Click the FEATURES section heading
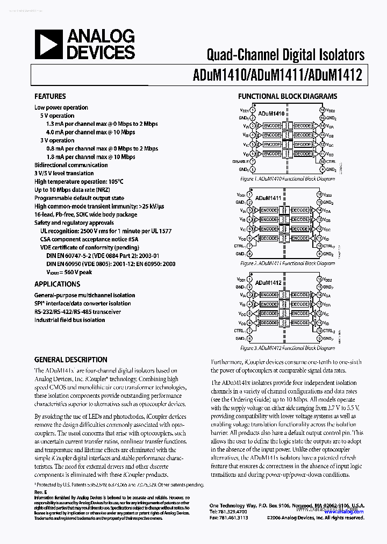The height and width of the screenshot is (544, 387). (50, 96)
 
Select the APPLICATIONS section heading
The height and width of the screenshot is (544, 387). (57, 284)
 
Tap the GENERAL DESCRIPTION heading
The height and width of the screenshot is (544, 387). (70, 360)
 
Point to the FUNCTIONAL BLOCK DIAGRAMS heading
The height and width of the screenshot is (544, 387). (288, 96)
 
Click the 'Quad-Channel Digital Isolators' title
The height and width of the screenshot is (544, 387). (285, 54)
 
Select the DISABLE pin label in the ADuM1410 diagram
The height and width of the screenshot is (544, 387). (240, 161)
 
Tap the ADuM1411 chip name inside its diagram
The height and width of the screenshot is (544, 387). (270, 198)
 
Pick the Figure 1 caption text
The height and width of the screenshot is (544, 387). (288, 178)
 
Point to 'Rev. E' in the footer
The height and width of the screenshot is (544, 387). (41, 492)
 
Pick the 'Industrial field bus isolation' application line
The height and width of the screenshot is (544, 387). (70, 320)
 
